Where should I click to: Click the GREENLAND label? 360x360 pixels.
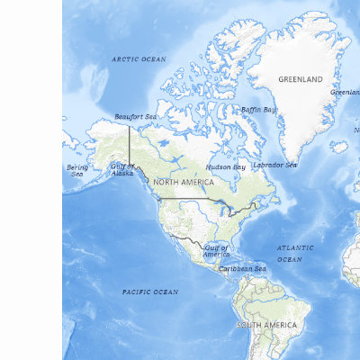pos(300,79)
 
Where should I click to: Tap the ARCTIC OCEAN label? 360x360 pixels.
pos(139,58)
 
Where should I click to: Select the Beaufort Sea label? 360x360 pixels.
pos(135,117)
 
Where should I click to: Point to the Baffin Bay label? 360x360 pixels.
pos(258,110)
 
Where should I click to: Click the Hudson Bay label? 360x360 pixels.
pos(225,166)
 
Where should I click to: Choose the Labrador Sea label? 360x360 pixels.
pos(274,165)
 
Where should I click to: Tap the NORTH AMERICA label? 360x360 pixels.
pos(184,182)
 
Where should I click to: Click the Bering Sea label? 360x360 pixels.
pos(77,170)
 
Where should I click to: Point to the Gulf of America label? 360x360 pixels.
pos(216,250)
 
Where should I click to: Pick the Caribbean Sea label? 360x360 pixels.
pos(242,268)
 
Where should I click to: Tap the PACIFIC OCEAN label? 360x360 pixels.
pos(149,292)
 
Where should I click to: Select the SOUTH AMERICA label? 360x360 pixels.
pos(266,324)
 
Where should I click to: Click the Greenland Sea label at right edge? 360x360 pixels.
pos(346,92)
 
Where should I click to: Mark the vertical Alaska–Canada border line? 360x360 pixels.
pos(129,144)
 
